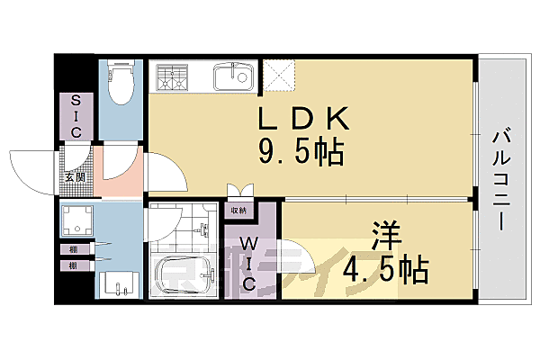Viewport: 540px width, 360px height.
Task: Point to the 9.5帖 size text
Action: point(301,153)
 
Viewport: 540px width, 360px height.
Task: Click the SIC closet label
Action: point(76,116)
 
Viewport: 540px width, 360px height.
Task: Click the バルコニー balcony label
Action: point(501,179)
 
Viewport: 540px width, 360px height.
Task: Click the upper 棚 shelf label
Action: point(69,249)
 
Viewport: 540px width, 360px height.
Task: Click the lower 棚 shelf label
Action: point(69,265)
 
